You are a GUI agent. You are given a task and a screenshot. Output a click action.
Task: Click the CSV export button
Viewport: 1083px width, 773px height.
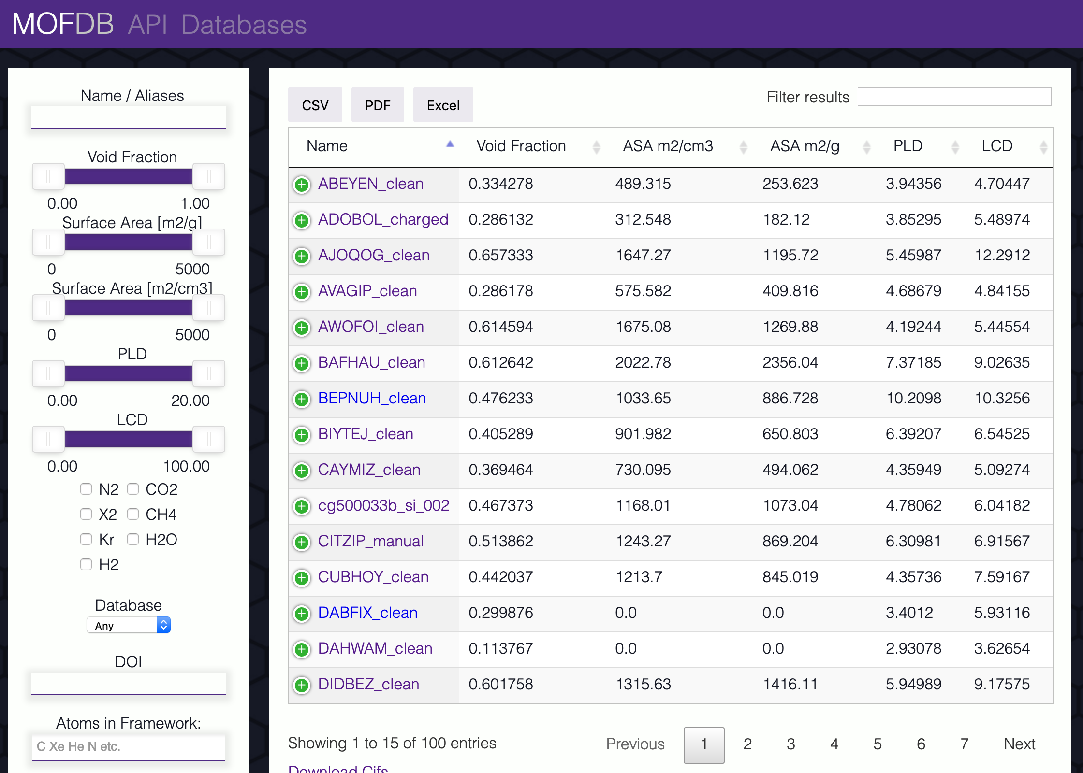coord(315,105)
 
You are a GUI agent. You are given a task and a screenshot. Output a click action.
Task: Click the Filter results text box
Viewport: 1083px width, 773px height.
coord(954,97)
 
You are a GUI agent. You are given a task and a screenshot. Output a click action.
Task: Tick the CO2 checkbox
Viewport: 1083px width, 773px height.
coord(133,489)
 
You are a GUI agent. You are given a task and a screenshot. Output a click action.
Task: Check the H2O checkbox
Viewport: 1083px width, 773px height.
coord(133,539)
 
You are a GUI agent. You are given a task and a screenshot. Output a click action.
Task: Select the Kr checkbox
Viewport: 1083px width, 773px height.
coord(86,539)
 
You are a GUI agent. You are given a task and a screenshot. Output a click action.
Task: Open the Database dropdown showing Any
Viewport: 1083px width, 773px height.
coord(129,625)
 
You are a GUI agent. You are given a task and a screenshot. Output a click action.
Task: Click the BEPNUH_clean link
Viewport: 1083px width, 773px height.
coord(372,398)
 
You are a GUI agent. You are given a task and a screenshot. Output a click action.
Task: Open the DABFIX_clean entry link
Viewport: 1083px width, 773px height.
coord(367,613)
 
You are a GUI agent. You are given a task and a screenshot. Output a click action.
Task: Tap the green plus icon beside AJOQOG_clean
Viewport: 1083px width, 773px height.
coord(302,256)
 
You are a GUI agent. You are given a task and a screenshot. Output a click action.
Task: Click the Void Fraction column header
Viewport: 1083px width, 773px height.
coord(521,146)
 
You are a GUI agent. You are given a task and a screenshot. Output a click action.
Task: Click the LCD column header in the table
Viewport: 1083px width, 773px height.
coord(996,146)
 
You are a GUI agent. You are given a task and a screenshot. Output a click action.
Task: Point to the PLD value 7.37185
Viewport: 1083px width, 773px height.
coord(913,362)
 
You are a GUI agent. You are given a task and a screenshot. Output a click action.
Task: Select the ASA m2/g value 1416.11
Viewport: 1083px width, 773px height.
coord(790,684)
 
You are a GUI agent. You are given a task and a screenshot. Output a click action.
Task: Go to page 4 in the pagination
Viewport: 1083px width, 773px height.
coord(834,744)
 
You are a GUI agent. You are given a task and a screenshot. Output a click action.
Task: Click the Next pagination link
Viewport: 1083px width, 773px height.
coord(1019,744)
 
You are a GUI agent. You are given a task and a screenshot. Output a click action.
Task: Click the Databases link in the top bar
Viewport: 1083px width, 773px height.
coord(244,25)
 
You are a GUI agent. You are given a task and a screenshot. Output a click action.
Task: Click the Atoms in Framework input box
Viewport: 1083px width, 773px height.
coord(129,746)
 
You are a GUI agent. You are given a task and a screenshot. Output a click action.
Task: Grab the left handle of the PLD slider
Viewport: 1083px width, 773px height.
coord(48,373)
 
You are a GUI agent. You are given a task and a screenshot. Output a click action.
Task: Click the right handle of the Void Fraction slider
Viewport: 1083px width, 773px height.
coord(208,176)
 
